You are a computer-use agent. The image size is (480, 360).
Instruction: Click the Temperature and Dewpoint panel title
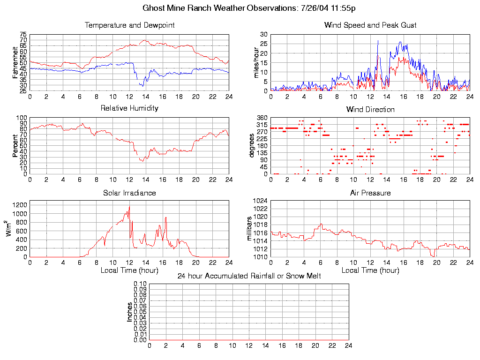pyautogui.click(x=129, y=25)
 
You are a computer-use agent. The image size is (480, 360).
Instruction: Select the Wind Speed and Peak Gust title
pyautogui.click(x=370, y=25)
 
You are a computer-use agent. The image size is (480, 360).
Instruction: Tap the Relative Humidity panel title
pyautogui.click(x=129, y=108)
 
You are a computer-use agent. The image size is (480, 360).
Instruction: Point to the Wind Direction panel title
pyautogui.click(x=370, y=110)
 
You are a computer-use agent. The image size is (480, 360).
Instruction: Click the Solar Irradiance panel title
pyautogui.click(x=129, y=193)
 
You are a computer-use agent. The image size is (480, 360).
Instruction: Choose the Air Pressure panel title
pyautogui.click(x=370, y=193)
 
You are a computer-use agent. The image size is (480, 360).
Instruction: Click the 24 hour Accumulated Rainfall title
pyautogui.click(x=249, y=276)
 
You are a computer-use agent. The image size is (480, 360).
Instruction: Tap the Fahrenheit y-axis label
pyautogui.click(x=15, y=62)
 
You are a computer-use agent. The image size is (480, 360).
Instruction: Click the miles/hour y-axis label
pyautogui.click(x=256, y=62)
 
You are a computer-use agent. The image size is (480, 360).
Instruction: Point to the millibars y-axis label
pyautogui.click(x=250, y=229)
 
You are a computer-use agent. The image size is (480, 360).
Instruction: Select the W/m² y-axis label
pyautogui.click(x=9, y=229)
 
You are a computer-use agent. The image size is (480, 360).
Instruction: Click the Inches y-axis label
pyautogui.click(x=129, y=312)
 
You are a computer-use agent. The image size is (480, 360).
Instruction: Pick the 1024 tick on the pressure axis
pyautogui.click(x=261, y=201)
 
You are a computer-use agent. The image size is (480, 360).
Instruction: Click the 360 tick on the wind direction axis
pyautogui.click(x=262, y=118)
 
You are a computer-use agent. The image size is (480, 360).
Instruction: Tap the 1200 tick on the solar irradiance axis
pyautogui.click(x=20, y=205)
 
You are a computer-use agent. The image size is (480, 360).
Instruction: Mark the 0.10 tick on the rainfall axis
pyautogui.click(x=140, y=284)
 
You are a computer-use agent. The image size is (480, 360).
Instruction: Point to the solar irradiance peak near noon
pyautogui.click(x=129, y=206)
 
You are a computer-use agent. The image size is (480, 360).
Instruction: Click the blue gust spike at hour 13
pyautogui.click(x=378, y=41)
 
